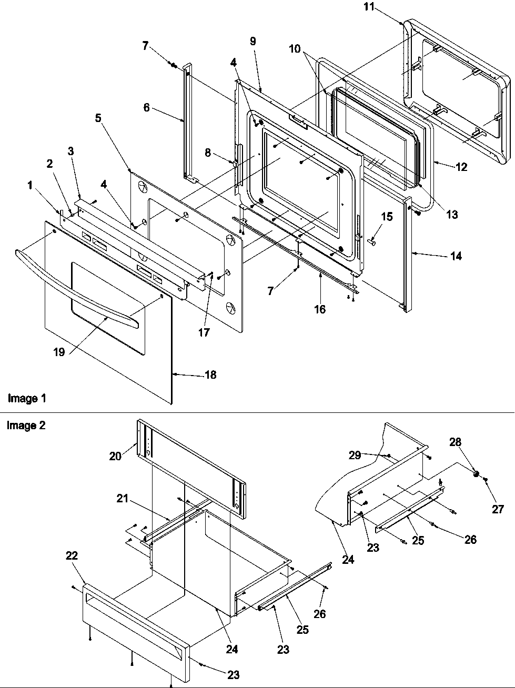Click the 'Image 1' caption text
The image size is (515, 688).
pos(27,398)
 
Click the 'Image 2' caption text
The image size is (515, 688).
pos(26,426)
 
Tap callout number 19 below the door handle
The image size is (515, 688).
pos(59,352)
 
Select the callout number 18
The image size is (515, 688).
pos(210,375)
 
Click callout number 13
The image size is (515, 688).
pos(451,214)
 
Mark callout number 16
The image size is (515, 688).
pos(320,309)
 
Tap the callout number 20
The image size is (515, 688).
pos(115,456)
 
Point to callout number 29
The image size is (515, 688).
pos(355,455)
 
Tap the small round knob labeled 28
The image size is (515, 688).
pos(476,474)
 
